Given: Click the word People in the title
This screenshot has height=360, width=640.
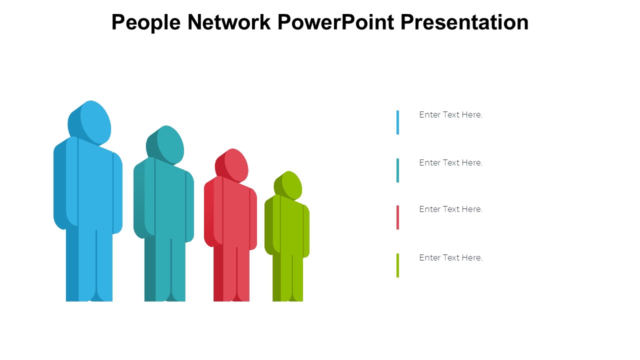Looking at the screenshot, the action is [146, 22].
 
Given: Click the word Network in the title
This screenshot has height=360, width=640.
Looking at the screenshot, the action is [229, 22].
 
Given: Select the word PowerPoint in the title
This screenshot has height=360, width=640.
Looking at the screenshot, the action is [336, 22].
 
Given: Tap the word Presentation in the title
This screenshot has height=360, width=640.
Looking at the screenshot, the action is [464, 22].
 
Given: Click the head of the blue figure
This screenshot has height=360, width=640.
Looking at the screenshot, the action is [89, 122].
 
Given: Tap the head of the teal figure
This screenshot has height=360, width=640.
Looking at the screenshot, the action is [165, 145].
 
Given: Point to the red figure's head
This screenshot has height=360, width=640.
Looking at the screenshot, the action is [231, 165].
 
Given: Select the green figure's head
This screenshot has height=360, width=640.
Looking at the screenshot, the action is [288, 185].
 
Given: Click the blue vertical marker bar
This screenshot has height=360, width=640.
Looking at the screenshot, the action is [397, 122].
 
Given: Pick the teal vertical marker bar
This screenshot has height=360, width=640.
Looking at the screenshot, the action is [397, 170].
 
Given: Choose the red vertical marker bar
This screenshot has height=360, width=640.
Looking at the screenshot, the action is [397, 217].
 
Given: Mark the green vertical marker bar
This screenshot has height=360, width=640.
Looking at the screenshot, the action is [397, 265].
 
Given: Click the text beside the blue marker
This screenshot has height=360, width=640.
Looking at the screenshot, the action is [451, 115].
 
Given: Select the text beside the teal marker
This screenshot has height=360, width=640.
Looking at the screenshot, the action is [451, 163].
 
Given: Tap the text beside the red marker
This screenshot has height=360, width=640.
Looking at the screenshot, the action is [451, 209].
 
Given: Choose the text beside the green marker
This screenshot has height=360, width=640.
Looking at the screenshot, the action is [451, 257].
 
